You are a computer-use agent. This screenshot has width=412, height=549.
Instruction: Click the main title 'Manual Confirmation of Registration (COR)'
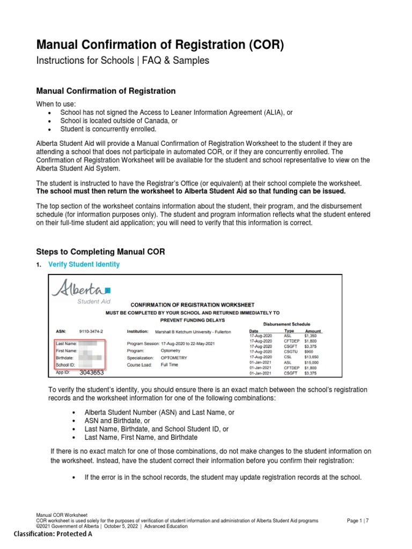point(159,46)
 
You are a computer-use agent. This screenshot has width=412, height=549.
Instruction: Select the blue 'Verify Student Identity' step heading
point(84,264)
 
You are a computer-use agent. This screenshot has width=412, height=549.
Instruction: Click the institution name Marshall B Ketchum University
point(193,332)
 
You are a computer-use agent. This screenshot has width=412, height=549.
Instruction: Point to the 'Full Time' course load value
point(170,364)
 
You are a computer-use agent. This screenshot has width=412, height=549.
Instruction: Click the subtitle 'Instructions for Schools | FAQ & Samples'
point(122,61)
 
